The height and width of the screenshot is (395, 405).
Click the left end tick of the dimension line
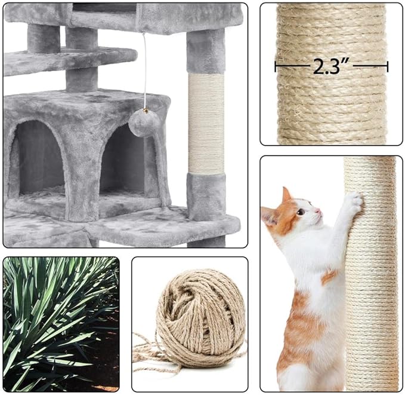276,66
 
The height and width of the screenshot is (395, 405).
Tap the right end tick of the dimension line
388,66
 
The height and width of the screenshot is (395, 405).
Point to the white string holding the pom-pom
144,72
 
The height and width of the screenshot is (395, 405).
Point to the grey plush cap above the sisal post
206,51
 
